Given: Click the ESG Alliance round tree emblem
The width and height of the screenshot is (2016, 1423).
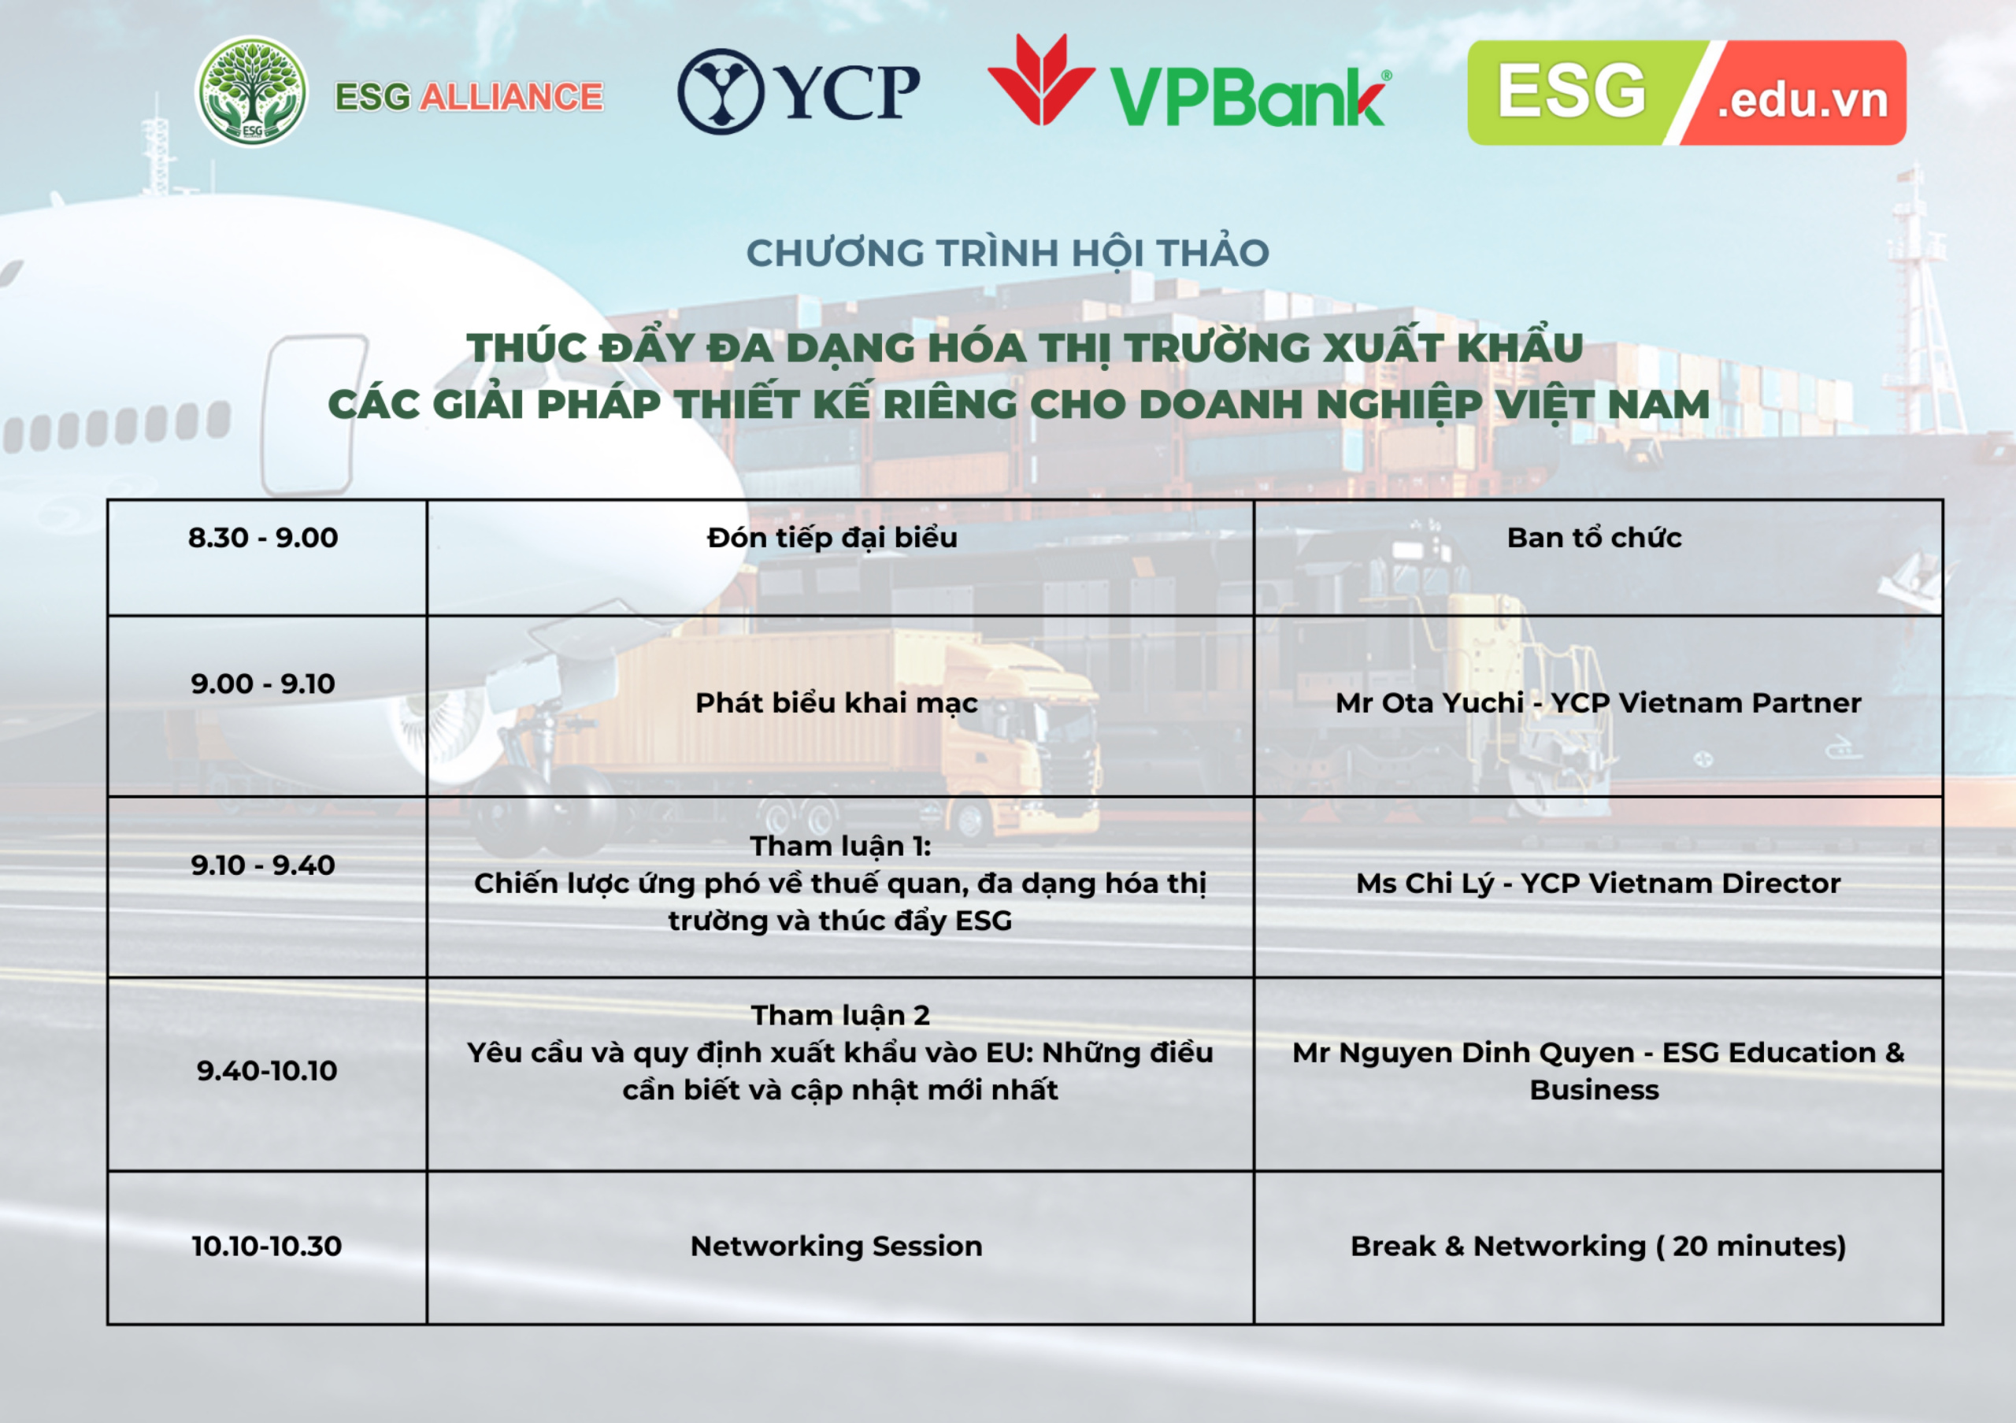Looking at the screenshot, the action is pyautogui.click(x=251, y=91).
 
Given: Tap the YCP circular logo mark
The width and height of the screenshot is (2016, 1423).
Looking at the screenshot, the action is pyautogui.click(x=721, y=91).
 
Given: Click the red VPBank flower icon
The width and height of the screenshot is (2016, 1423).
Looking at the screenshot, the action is pyautogui.click(x=1041, y=79).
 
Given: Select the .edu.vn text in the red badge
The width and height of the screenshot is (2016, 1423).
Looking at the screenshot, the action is pyautogui.click(x=1802, y=100).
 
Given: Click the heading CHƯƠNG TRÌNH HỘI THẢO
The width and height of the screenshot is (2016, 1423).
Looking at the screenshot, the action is pyautogui.click(x=1008, y=254).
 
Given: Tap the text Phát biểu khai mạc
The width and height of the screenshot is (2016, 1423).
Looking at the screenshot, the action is pyautogui.click(x=836, y=703).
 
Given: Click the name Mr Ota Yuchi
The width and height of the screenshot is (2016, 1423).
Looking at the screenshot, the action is pyautogui.click(x=1429, y=702).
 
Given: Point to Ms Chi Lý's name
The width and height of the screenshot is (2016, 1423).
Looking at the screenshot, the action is pyautogui.click(x=1425, y=883).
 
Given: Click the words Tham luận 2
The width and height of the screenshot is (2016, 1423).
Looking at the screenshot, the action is pyautogui.click(x=840, y=1016).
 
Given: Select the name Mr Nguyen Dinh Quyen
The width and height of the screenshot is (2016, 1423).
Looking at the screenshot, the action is pyautogui.click(x=1464, y=1053).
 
